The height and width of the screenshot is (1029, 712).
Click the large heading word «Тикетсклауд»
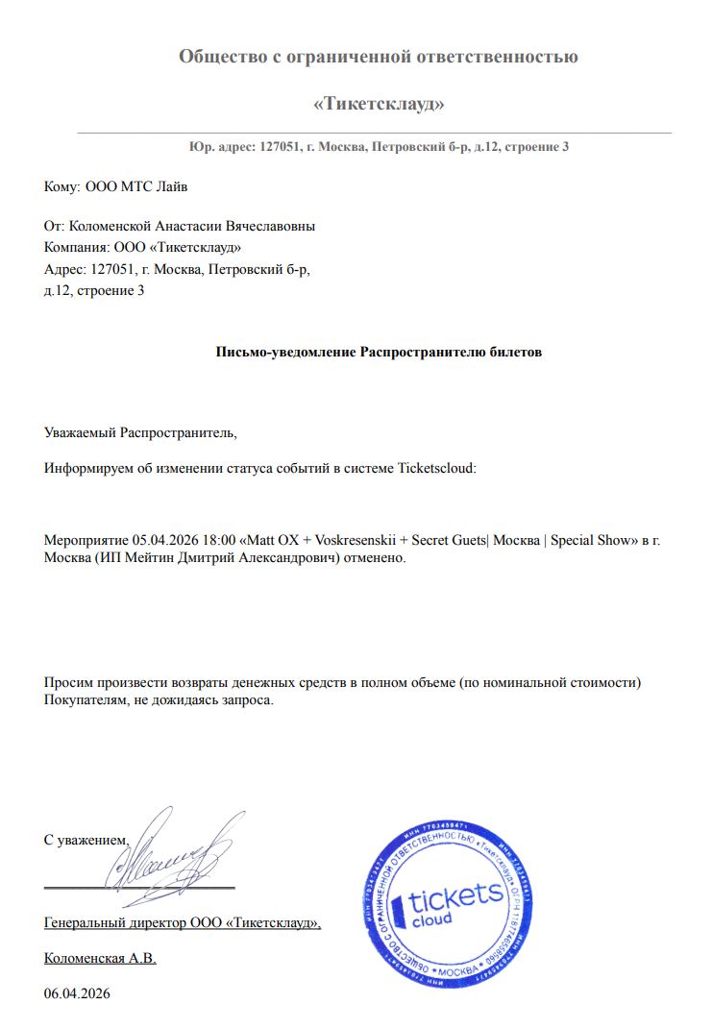tap(379, 104)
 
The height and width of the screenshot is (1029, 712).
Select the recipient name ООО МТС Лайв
tap(143, 186)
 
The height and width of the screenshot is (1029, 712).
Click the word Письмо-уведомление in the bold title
tap(285, 352)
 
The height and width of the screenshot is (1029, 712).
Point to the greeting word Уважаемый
tap(80, 433)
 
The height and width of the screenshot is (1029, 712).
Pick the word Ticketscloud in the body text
tap(435, 469)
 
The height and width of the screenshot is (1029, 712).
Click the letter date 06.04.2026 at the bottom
tap(77, 993)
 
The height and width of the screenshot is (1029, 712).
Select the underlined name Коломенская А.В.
tap(100, 958)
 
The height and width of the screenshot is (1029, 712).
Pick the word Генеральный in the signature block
tap(84, 923)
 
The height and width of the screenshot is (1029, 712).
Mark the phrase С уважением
tap(86, 840)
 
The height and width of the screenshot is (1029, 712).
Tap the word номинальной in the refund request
tap(519, 682)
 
